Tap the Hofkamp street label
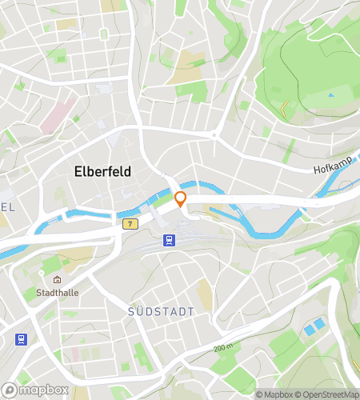coord(328,169)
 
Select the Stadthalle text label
coord(58,294)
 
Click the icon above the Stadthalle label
coord(58,281)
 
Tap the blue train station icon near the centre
coord(169,240)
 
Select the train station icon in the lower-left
coord(20,339)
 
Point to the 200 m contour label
coord(225,349)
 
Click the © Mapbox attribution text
coord(274,394)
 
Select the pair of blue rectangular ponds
coord(314,327)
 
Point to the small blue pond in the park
coord(330,95)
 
